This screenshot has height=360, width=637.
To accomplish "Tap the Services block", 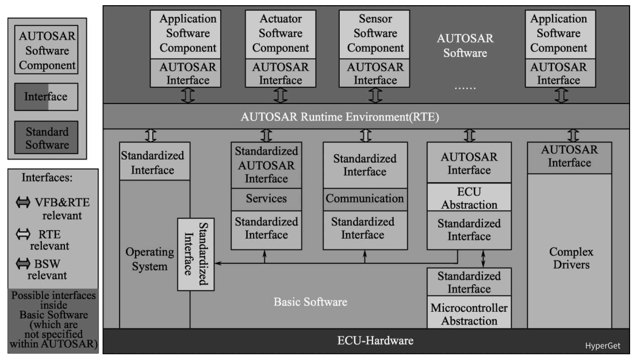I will (x=266, y=199).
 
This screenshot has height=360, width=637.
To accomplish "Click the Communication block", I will (x=364, y=199).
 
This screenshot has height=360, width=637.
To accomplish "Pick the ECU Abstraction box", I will (x=469, y=198).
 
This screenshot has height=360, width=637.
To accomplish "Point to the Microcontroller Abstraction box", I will (x=469, y=314).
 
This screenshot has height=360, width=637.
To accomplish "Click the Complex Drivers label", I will (x=571, y=259).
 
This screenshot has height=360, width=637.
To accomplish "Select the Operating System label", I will (x=141, y=259).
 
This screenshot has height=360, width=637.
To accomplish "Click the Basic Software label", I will (x=310, y=301).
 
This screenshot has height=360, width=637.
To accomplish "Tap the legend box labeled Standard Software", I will (x=47, y=138).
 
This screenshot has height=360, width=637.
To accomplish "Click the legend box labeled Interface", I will (x=47, y=97).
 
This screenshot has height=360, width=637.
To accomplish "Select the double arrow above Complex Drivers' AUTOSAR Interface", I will (x=572, y=135).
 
